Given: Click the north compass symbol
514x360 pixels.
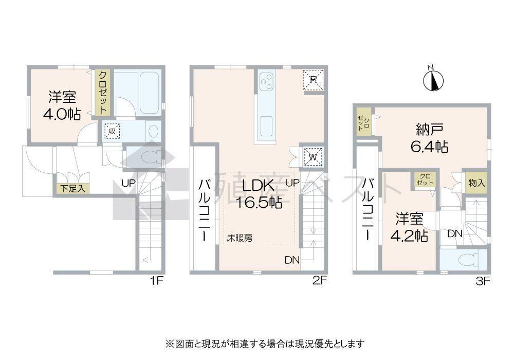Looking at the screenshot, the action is (x=433, y=80).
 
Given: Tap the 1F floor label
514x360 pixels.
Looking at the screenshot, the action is (x=156, y=281).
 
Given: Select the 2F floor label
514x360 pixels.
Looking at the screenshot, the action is (x=320, y=281).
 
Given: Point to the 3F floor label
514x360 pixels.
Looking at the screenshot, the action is (x=483, y=281).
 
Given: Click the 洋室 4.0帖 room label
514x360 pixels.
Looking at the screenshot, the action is (x=62, y=105).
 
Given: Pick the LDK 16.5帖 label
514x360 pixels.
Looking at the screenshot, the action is (x=259, y=194).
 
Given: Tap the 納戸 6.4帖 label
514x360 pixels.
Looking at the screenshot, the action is (x=429, y=138).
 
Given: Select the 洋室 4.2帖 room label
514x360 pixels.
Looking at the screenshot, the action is (x=409, y=227).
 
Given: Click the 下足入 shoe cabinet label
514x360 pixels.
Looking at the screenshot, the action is (x=72, y=189).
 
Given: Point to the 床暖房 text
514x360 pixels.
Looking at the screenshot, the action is (x=240, y=238).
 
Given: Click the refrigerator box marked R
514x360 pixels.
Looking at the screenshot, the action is (x=313, y=80).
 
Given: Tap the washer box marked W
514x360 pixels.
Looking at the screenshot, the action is (x=313, y=157).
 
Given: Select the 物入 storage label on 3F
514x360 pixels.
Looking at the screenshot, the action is (x=476, y=183).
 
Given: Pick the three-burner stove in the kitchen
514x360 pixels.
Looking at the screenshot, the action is (x=266, y=82).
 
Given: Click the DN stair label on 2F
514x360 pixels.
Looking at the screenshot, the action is (x=292, y=260).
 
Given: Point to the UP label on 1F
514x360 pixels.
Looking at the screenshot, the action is (x=128, y=183).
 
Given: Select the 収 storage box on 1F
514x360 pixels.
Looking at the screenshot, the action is (x=112, y=131).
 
